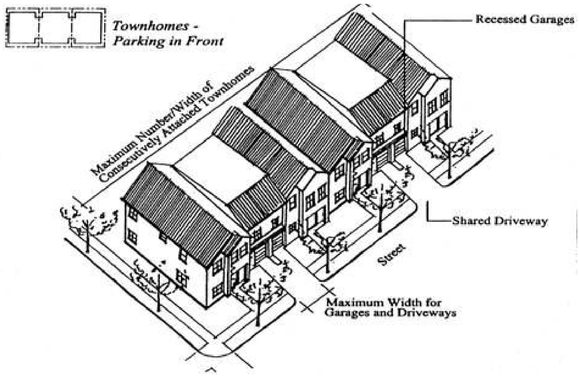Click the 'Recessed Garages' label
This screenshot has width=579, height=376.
point(524,19)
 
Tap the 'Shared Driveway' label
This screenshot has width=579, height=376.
point(499,221)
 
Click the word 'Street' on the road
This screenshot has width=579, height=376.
point(391,255)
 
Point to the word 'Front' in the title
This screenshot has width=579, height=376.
point(205,41)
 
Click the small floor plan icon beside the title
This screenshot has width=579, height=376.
point(56,28)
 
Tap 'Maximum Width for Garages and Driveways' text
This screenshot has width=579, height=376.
point(390,307)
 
